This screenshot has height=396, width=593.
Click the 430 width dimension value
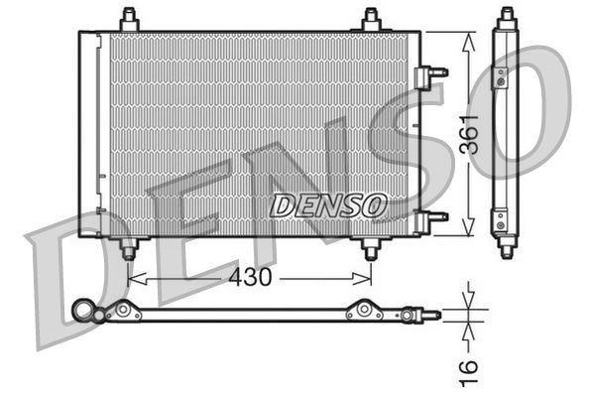pyautogui.click(x=251, y=278)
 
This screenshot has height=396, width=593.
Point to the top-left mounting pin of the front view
pyautogui.click(x=129, y=19)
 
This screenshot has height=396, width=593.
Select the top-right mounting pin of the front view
pyautogui.click(x=371, y=19)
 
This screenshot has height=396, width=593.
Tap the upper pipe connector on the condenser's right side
pyautogui.click(x=432, y=72)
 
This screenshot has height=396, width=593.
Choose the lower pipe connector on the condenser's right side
pyautogui.click(x=432, y=216)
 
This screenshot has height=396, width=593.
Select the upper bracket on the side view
pyautogui.click(x=501, y=75)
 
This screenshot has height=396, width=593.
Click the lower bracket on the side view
pyautogui.click(x=501, y=218)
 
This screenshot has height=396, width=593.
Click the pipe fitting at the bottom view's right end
pyautogui.click(x=428, y=315)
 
